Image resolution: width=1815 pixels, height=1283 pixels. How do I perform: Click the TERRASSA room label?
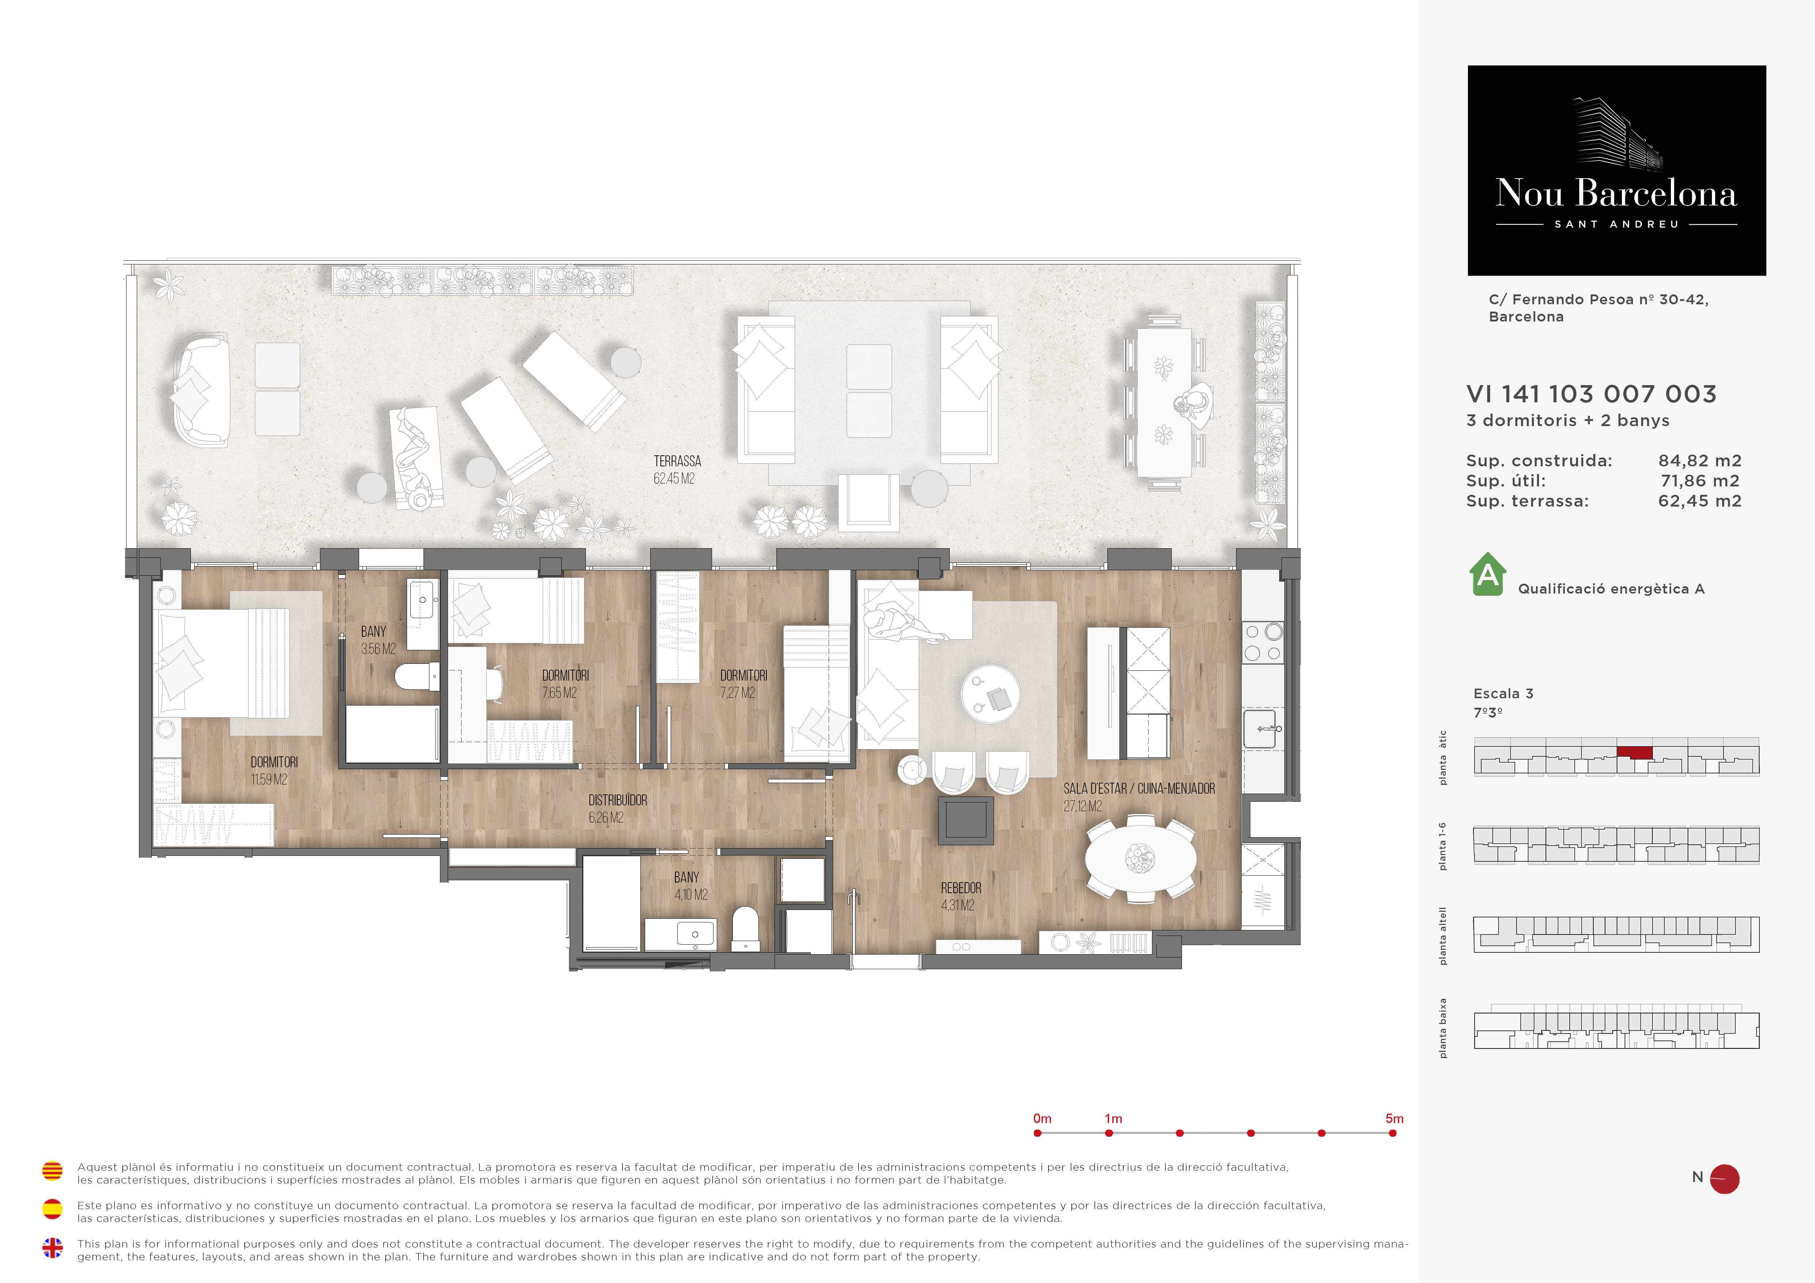(677, 461)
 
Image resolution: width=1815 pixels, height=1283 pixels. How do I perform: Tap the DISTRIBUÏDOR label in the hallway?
(617, 800)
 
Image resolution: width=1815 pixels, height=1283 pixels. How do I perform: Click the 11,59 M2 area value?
(269, 779)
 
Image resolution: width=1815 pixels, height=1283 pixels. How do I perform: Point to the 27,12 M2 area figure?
(1082, 806)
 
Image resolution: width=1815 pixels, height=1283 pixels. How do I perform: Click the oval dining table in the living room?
(1140, 858)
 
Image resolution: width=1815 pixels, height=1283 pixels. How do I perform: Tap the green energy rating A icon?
(1488, 574)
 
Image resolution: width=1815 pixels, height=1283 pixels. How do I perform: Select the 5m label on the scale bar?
(1394, 1118)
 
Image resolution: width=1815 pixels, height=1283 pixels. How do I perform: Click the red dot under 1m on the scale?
(1109, 1133)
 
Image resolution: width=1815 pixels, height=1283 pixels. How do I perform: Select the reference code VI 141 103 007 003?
(1591, 394)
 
